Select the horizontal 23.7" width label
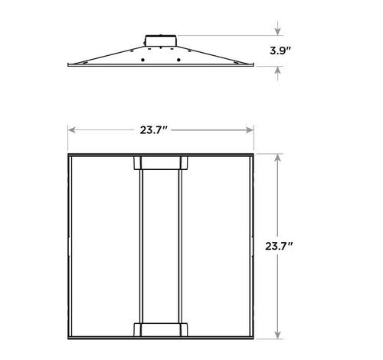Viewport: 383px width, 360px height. [x=160, y=129]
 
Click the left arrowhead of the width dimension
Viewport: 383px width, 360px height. [x=71, y=129]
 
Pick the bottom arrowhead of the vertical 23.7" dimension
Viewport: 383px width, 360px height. [x=277, y=335]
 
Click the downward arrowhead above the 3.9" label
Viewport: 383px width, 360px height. [x=277, y=32]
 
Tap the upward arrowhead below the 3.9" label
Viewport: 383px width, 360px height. [x=277, y=70]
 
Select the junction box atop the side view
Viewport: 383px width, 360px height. [x=160, y=39]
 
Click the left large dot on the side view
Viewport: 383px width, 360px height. [x=142, y=60]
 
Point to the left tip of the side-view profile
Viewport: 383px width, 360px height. [x=68, y=65]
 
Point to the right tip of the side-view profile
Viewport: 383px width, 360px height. [x=253, y=65]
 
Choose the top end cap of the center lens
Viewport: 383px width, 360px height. [x=160, y=162]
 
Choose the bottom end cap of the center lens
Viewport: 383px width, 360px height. [x=160, y=329]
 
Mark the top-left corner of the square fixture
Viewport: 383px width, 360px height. [x=68, y=154]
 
